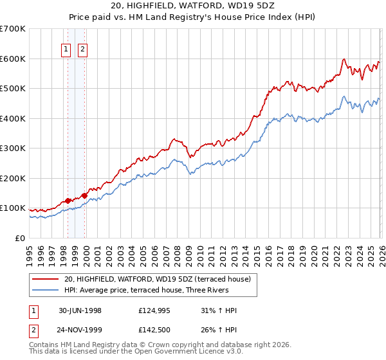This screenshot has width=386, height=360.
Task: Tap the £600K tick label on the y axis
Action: [x=13, y=59]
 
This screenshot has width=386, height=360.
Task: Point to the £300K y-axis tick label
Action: [x=13, y=148]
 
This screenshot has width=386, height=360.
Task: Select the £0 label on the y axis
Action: [x=19, y=239]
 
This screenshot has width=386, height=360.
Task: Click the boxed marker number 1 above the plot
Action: [x=67, y=49]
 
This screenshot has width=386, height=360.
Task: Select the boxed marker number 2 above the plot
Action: [x=84, y=49]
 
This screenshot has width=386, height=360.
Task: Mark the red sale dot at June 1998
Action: [x=68, y=201]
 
